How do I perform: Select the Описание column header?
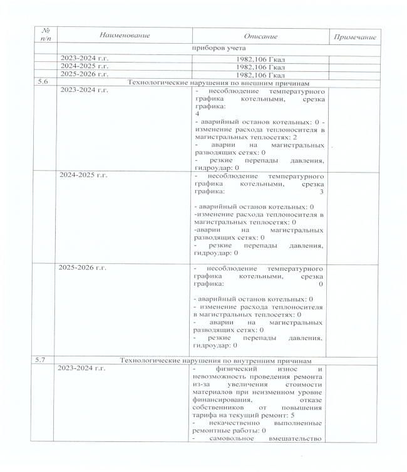point(259,37)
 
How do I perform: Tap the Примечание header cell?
point(355,38)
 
